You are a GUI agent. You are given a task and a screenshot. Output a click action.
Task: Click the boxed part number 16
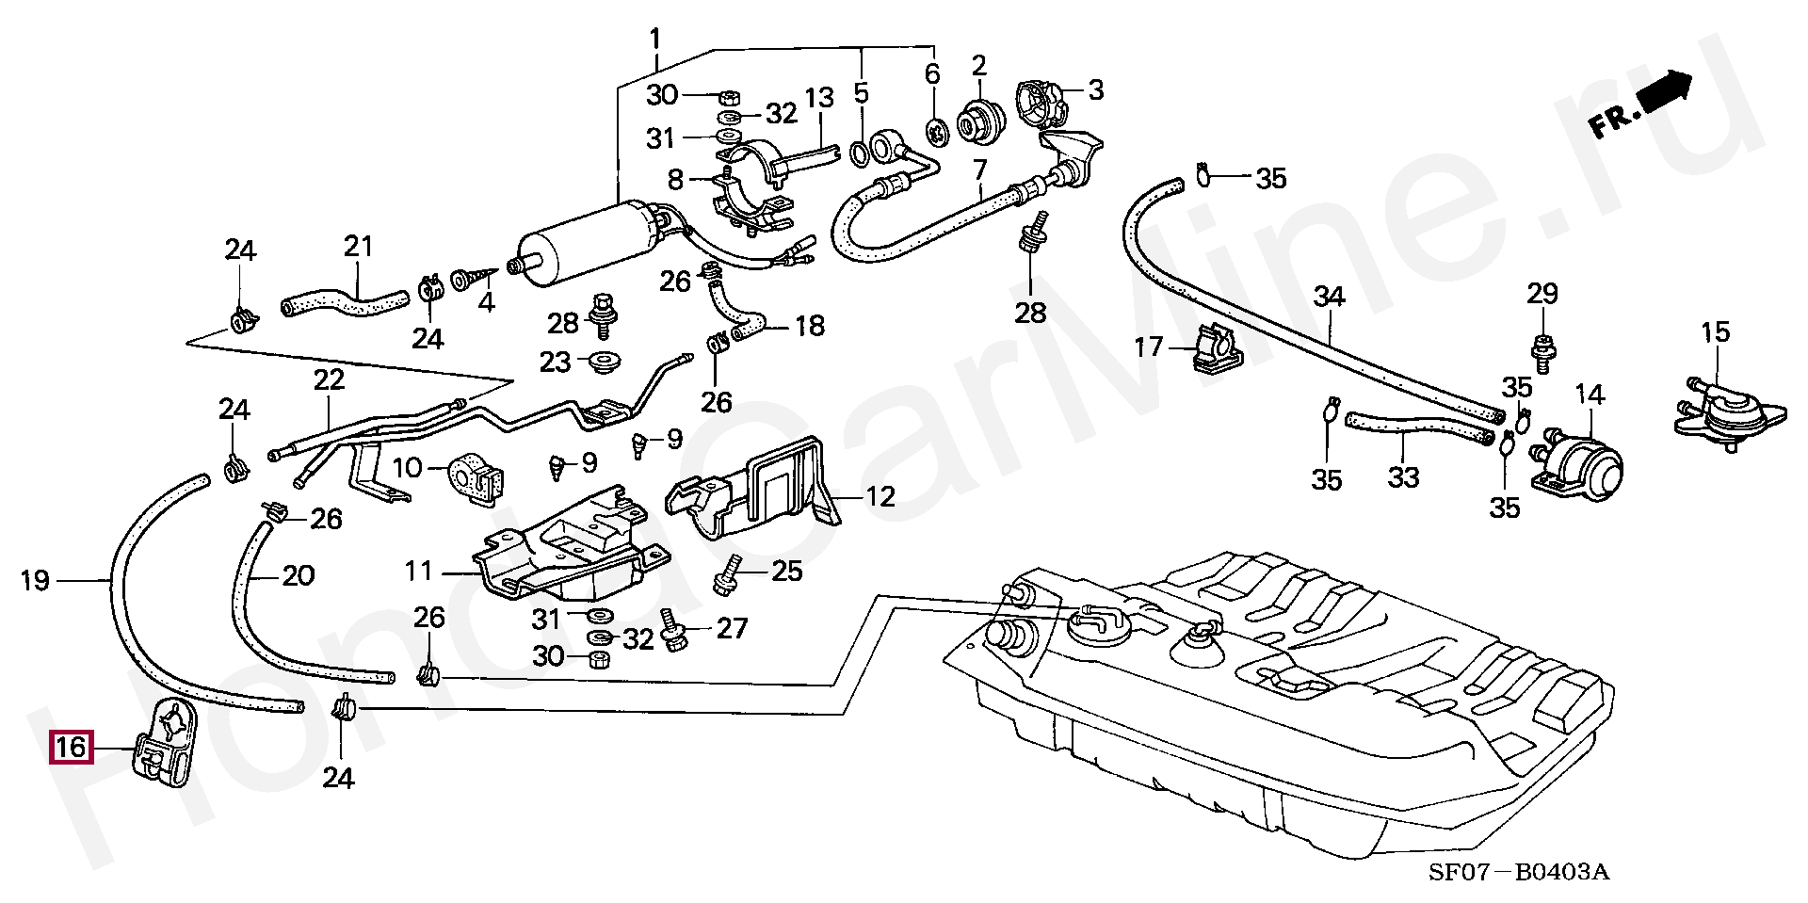pos(72,749)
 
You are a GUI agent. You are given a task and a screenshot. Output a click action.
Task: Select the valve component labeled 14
pos(1581,467)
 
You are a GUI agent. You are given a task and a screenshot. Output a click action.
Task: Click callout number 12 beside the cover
pos(880,495)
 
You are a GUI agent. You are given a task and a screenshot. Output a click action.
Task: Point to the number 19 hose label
pos(35,581)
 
